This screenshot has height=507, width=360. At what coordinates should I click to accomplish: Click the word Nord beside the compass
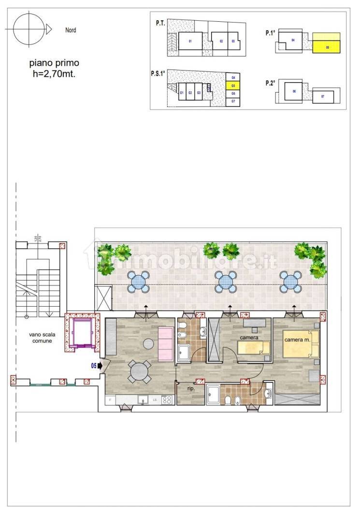click(71, 30)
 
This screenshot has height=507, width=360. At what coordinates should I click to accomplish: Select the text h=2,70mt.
click(54, 73)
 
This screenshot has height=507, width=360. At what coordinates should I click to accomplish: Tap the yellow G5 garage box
click(233, 85)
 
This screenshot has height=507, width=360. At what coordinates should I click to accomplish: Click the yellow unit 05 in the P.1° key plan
click(327, 43)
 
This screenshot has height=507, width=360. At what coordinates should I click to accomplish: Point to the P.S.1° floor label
click(158, 74)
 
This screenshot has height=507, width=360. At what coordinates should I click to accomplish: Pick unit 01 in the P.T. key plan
click(190, 42)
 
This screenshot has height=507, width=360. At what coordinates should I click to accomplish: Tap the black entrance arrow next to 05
click(100, 366)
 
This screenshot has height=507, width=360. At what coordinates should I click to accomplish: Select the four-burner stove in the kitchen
click(167, 400)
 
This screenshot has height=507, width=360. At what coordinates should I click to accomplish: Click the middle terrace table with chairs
click(225, 282)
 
